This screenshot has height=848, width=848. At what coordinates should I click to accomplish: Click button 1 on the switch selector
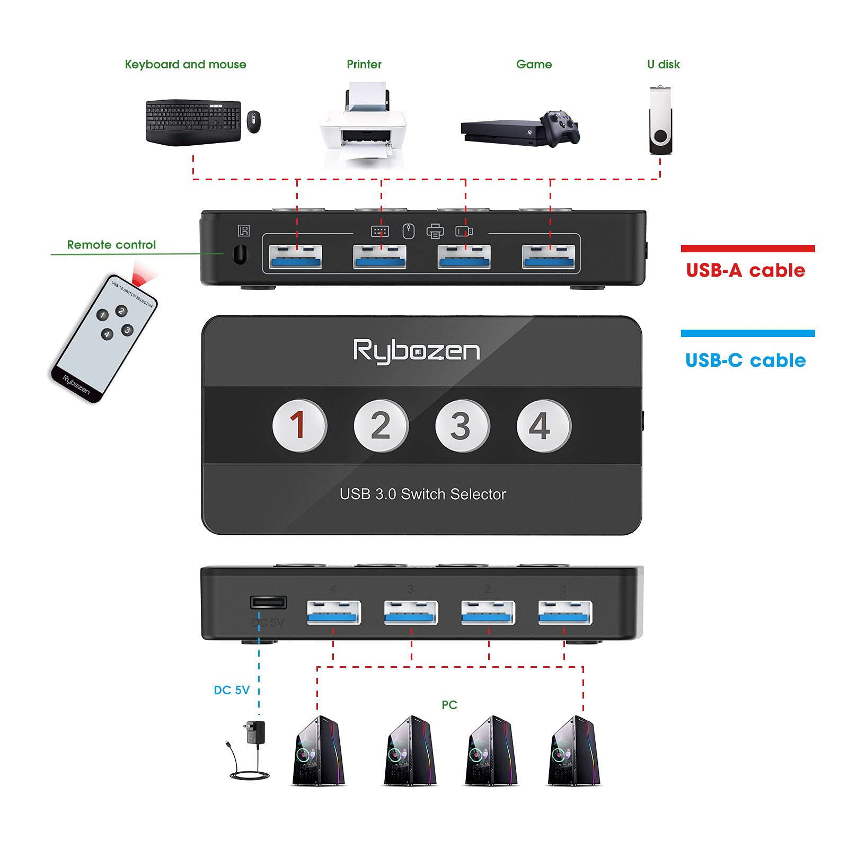[x=299, y=425]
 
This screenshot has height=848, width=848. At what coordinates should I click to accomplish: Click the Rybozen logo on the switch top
[x=417, y=351]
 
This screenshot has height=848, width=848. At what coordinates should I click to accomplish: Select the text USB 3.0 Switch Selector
[x=422, y=494]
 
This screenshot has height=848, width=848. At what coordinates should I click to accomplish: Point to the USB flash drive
[x=660, y=121]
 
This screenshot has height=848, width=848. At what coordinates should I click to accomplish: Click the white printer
[x=363, y=126]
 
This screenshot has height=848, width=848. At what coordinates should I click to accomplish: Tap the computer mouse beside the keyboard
[x=254, y=121]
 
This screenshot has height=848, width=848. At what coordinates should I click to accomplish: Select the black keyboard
[x=193, y=122]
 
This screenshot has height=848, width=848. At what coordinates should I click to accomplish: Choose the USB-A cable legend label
[x=745, y=270]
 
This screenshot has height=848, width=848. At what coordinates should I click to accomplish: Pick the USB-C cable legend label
[x=745, y=360]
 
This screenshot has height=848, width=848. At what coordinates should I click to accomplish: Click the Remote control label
[x=111, y=245]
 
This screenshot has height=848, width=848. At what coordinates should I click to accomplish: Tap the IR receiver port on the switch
[x=240, y=254]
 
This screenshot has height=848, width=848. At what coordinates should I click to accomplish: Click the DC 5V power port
[x=268, y=602]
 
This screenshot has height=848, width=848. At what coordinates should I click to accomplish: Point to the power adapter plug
[x=254, y=734]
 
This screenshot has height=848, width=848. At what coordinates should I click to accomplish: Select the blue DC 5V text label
[x=232, y=690]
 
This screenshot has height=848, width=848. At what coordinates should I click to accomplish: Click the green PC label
[x=449, y=705]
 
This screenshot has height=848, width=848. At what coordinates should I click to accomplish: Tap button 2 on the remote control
[x=121, y=311]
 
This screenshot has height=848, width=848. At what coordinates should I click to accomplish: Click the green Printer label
[x=364, y=64]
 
